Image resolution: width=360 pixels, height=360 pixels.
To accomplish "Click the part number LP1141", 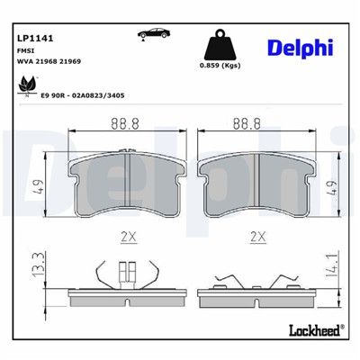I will [34, 38].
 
